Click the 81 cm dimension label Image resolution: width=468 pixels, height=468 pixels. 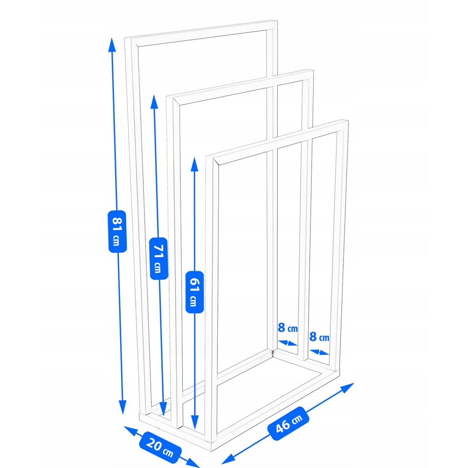coord(117,231)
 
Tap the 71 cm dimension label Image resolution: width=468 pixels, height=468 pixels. coord(158,258)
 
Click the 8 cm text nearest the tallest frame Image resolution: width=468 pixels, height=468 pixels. coord(287,328)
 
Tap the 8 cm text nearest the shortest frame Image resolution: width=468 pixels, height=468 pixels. coord(319,337)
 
